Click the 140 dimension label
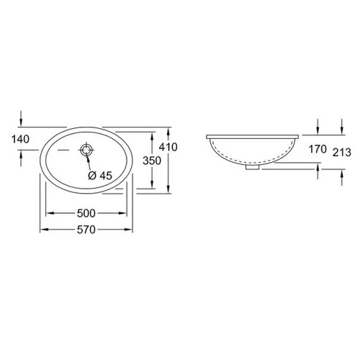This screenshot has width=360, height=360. coord(21,139)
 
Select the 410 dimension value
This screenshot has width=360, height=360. coord(168,147)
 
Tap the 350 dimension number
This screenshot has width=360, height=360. coord(152,161)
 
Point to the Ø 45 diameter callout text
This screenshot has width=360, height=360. coord(100,176)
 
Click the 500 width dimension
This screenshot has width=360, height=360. coord(86,213)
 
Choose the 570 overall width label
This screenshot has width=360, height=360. coord(86,230)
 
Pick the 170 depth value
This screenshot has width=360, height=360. coord(318,149)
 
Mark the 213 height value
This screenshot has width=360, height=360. coord(342,153)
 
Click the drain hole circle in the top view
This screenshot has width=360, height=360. coord(86,150)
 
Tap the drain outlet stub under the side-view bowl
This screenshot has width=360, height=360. coord(252,167)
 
